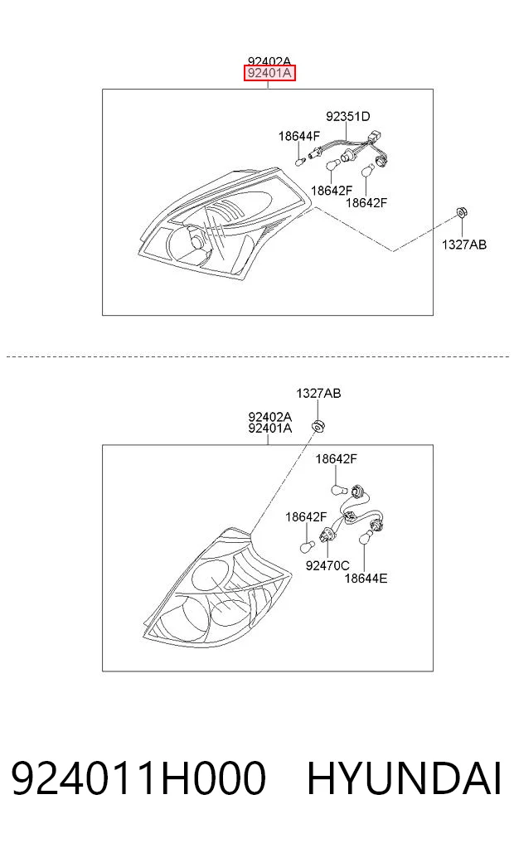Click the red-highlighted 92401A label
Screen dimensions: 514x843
pyautogui.click(x=269, y=73)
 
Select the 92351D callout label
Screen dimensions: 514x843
pyautogui.click(x=348, y=116)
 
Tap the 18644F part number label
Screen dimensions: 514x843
pyautogui.click(x=299, y=136)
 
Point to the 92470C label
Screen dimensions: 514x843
pyautogui.click(x=327, y=565)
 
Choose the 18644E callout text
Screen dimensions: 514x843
pyautogui.click(x=366, y=578)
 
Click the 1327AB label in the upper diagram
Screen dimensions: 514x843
pyautogui.click(x=464, y=245)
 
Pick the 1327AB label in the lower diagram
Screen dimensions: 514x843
pyautogui.click(x=318, y=393)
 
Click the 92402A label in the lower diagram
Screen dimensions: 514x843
pyautogui.click(x=270, y=417)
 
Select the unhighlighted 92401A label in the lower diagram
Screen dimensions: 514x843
pyautogui.click(x=270, y=428)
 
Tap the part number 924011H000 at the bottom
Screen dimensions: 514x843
pyautogui.click(x=138, y=778)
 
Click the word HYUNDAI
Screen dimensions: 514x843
pyautogui.click(x=405, y=778)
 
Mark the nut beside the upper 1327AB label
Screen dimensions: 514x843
pyautogui.click(x=461, y=212)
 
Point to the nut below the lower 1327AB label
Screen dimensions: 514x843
pyautogui.click(x=319, y=425)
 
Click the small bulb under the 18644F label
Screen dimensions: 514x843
pyautogui.click(x=301, y=160)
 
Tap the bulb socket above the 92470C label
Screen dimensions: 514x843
pyautogui.click(x=326, y=535)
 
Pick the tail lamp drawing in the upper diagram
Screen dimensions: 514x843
pyautogui.click(x=226, y=223)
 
